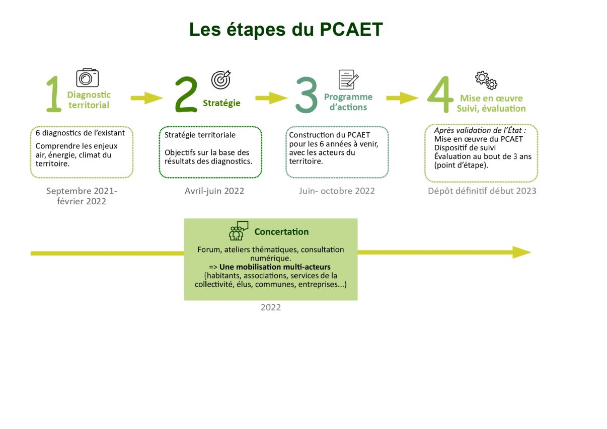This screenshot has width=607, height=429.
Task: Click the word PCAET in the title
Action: pyautogui.click(x=351, y=29)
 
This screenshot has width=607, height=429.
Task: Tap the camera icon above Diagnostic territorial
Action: pyautogui.click(x=87, y=77)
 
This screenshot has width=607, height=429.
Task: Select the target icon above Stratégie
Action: pyautogui.click(x=221, y=79)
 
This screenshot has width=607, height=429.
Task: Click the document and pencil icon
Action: pyautogui.click(x=348, y=79)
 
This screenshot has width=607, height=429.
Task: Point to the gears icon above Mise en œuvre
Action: pyautogui.click(x=486, y=80)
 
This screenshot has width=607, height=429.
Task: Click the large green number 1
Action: pyautogui.click(x=54, y=94)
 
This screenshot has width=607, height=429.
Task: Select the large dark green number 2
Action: pyautogui.click(x=186, y=94)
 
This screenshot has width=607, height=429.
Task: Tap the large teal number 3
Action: pyautogui.click(x=306, y=95)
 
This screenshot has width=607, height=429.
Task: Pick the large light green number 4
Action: pyautogui.click(x=440, y=94)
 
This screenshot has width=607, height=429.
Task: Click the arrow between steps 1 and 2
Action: pyautogui.click(x=147, y=98)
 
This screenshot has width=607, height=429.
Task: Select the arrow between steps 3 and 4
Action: pyautogui.click(x=403, y=98)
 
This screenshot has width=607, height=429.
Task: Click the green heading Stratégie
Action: pyautogui.click(x=221, y=103)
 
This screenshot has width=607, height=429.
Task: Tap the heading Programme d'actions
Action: pyautogui.click(x=348, y=102)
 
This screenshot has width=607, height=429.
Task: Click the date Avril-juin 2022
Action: pyautogui.click(x=214, y=191)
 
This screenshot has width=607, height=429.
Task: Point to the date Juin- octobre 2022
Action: pyautogui.click(x=337, y=191)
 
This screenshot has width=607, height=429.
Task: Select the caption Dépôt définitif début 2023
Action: pyautogui.click(x=482, y=191)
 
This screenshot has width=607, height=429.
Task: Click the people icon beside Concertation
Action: pyautogui.click(x=239, y=231)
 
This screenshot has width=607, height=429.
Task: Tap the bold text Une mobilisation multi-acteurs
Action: pyautogui.click(x=275, y=267)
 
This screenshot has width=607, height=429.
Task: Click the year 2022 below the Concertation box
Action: pyautogui.click(x=271, y=307)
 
